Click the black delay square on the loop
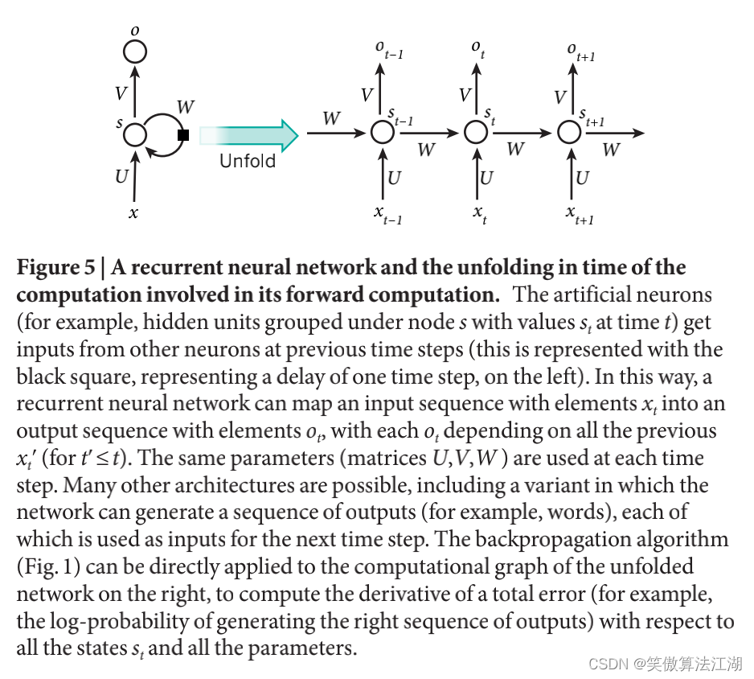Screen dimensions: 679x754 [x=183, y=135]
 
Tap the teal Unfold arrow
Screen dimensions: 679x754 [x=248, y=134]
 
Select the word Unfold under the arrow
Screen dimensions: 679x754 [x=248, y=161]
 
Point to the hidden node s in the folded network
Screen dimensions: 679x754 [x=134, y=134]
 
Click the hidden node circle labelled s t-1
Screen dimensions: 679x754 [x=383, y=132]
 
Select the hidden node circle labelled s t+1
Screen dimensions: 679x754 [x=570, y=132]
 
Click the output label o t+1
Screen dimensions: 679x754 [x=580, y=51]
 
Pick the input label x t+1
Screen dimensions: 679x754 [x=580, y=214]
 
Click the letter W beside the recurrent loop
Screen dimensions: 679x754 [x=185, y=106]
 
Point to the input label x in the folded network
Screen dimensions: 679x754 [x=133, y=213]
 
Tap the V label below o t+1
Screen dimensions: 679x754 [x=560, y=97]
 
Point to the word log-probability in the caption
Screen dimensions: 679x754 [x=124, y=622]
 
